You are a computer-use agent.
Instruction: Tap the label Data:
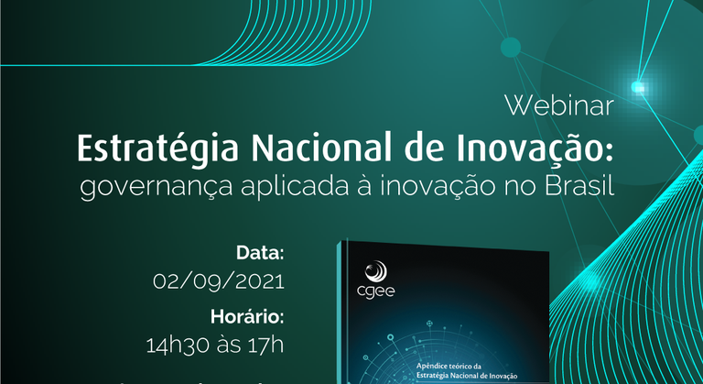click(x=261, y=252)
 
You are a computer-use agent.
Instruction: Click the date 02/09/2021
click(x=219, y=280)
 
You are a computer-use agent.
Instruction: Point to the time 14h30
click(x=173, y=346)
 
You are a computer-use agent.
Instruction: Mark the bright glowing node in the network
click(x=638, y=88)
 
